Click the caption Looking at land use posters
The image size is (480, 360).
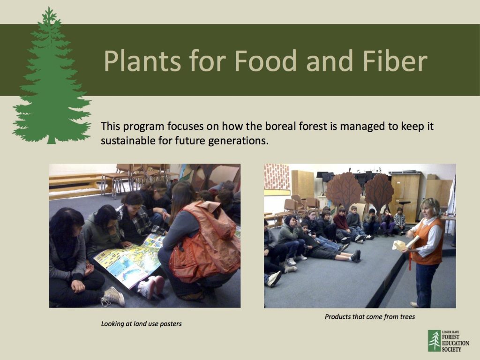pyautogui.click(x=141, y=323)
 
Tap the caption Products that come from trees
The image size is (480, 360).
pyautogui.click(x=370, y=317)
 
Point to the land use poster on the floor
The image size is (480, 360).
pyautogui.click(x=129, y=260)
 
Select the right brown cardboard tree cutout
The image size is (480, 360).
pyautogui.click(x=379, y=190)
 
